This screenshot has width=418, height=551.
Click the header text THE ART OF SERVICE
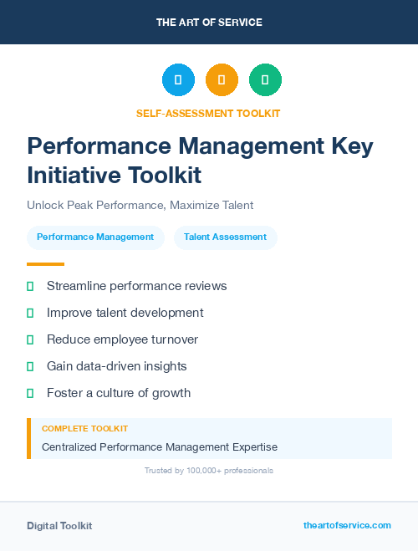coord(209,23)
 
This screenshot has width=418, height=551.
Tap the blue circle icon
coord(178,80)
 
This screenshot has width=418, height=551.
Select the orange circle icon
coord(222,80)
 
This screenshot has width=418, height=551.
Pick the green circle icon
coord(265,80)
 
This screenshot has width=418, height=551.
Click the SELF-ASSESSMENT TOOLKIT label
coord(208,113)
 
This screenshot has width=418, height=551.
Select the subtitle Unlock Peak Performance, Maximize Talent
coord(140,205)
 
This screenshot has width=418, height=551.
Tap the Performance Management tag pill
coord(95,237)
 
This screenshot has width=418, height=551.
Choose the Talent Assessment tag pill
coord(225,237)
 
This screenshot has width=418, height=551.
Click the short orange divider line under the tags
coord(45,264)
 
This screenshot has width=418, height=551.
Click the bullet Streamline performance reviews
coord(136,286)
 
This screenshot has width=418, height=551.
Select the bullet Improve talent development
coord(125,313)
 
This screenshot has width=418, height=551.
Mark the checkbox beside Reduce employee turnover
coord(30,339)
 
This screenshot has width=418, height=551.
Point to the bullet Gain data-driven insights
coord(116,366)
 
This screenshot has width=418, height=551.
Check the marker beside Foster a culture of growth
coord(30,393)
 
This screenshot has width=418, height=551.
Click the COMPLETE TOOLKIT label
coord(84,428)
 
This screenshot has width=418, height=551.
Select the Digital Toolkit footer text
coord(59,526)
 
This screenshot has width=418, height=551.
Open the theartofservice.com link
coord(347,525)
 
